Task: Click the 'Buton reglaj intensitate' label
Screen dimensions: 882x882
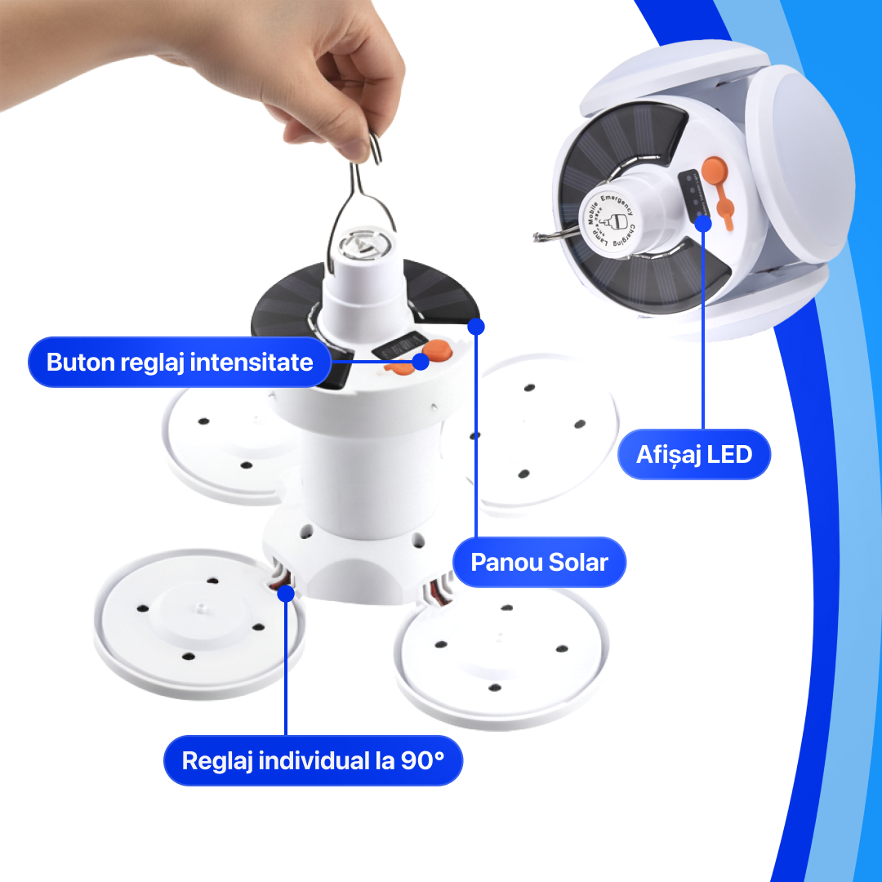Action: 180,362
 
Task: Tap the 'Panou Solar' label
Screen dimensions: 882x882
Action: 540,562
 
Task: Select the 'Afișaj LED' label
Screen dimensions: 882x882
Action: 694,454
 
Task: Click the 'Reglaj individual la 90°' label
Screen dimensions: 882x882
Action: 313,761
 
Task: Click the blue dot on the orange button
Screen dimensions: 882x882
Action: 421,362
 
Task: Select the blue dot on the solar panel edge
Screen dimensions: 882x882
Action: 477,326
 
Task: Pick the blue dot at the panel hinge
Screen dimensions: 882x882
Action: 285,592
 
